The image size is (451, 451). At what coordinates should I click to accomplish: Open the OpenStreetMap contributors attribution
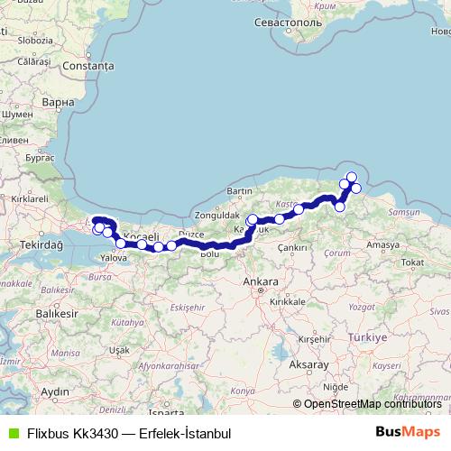point(373,403)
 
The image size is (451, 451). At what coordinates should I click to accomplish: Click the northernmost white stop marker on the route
point(351,177)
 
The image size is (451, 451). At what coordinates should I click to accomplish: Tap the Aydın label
point(55,391)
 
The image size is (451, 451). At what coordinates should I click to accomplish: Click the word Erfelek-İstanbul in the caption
point(185,433)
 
